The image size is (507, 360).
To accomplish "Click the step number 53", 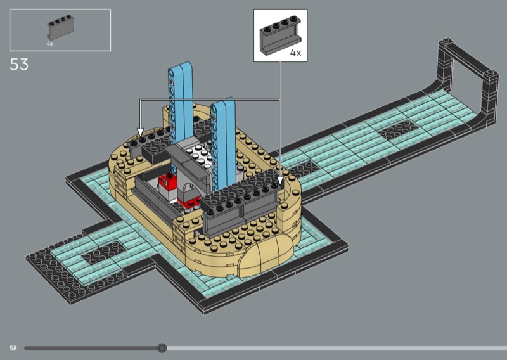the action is point(19,65).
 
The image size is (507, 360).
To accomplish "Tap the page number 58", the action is point(13,348).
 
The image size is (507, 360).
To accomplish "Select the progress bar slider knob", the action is point(162,348).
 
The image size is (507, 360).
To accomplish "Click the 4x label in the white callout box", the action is point(295,53).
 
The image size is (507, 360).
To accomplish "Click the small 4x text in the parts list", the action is point(49,44).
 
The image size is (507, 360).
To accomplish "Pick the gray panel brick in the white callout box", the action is point(280,35).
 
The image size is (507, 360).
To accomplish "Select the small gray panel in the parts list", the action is point(60,27).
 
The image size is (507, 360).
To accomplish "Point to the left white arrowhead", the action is point(140,132).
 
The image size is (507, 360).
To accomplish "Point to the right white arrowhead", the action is point(280,181).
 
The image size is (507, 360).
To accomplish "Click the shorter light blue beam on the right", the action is point(223,143).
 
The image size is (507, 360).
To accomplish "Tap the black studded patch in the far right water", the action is point(399,129).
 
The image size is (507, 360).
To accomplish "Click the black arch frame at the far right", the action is point(468,77).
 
